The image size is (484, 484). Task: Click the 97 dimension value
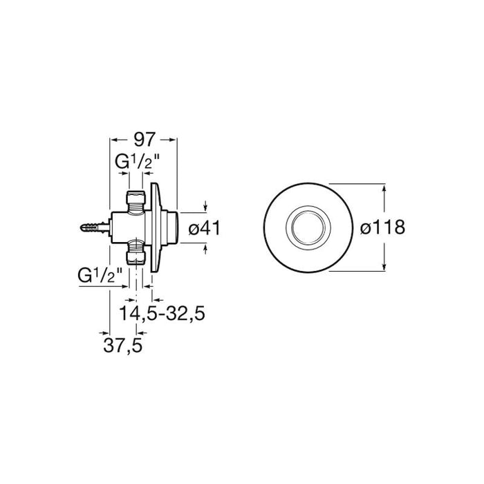pos(144,140)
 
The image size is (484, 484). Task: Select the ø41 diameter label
pos(205,228)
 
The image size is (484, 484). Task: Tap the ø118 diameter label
pos(382,227)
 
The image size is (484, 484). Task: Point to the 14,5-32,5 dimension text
pos(162,313)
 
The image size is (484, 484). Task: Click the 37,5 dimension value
pos(123,346)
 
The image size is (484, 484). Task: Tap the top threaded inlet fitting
pos(136,201)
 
